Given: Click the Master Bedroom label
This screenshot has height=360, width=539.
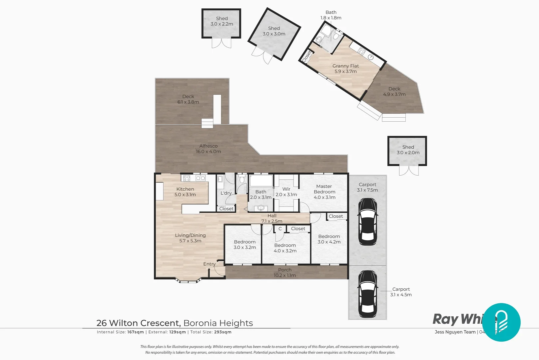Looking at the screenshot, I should click(324, 189).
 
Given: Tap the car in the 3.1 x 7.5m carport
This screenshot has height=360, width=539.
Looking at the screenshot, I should click(367, 222).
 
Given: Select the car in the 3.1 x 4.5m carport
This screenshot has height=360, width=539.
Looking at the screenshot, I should click(367, 294).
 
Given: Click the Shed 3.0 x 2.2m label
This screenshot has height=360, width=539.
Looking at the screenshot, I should click(222, 21).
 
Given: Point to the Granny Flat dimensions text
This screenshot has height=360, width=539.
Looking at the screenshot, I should click(345, 71).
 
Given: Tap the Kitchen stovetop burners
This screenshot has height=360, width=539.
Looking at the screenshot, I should click(187, 178).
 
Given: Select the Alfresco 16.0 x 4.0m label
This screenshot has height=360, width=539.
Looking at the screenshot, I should click(208, 149).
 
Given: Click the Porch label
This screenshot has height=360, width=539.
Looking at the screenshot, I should click(284, 270).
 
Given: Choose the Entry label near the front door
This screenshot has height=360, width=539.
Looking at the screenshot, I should click(209, 264).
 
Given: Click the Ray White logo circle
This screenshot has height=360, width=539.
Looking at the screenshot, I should click(501, 322).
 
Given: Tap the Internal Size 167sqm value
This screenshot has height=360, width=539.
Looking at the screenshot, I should click(136, 332).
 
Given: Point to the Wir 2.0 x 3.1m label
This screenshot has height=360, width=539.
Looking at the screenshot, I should click(286, 192).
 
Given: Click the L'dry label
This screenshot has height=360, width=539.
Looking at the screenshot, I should click(226, 193).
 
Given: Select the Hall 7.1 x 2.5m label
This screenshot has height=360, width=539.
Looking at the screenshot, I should click(272, 218).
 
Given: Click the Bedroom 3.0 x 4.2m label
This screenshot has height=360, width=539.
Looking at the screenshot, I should click(329, 239).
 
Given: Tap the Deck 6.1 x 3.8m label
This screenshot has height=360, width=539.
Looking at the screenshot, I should click(188, 99).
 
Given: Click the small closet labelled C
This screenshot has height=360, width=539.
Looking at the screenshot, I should click(280, 229).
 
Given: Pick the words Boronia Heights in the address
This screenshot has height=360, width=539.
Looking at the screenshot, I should click(218, 323).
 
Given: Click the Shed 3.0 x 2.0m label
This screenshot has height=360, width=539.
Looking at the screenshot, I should click(408, 150).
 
